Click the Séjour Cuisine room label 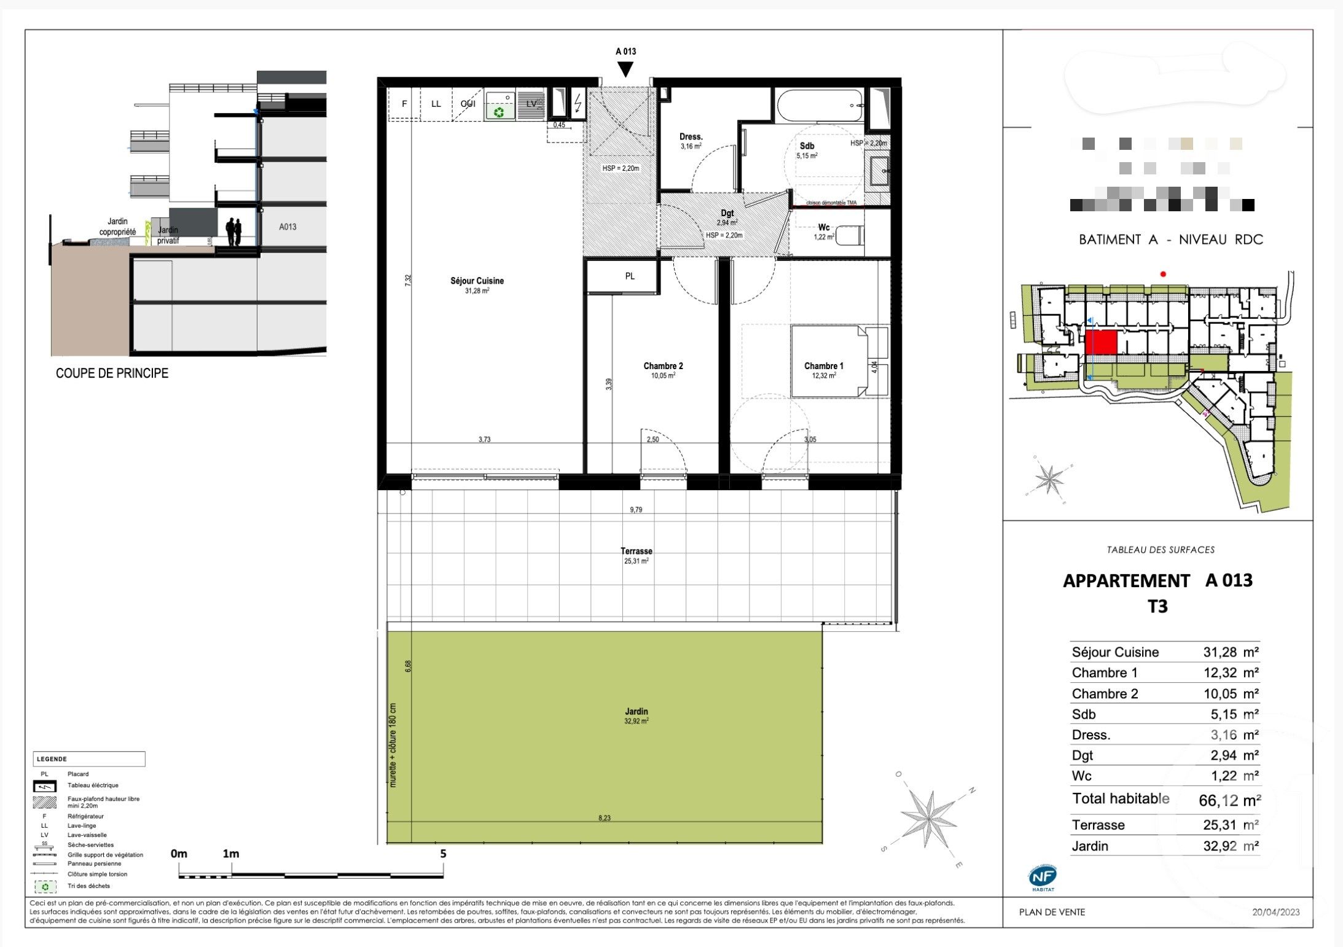(x=477, y=281)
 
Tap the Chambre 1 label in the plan (x=823, y=366)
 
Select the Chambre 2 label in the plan (x=663, y=366)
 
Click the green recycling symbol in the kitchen (x=499, y=112)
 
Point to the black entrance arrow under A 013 (x=625, y=69)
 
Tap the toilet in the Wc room (x=851, y=235)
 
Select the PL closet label (x=630, y=276)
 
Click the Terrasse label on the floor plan (x=636, y=551)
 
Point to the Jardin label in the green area (x=636, y=712)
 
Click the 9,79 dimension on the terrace (x=636, y=510)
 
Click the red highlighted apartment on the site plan (x=1100, y=342)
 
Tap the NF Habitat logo (x=1043, y=878)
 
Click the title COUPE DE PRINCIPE (x=112, y=373)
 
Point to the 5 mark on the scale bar (x=443, y=854)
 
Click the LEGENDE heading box (x=89, y=759)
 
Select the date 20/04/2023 (x=1275, y=912)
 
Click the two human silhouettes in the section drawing (x=233, y=232)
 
